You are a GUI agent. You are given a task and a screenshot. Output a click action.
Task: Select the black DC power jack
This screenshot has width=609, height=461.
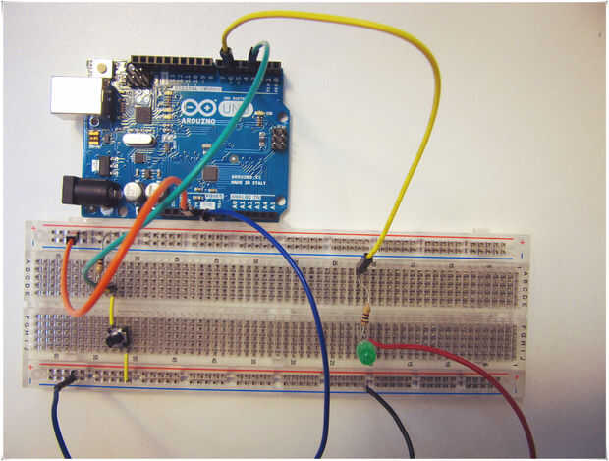tap(87, 190)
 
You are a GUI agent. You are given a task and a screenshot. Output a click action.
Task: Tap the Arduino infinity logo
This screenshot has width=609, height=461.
tap(196, 106)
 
